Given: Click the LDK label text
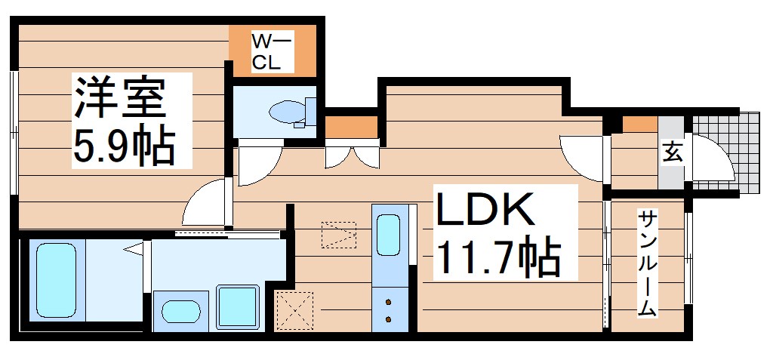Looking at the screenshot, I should pos(483,212).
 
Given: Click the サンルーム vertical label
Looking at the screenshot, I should pos(648,263).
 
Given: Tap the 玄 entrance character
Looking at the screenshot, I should pos(671,152).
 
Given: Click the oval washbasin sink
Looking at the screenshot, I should pos(181,312).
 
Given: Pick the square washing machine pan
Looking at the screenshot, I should pos(239,308).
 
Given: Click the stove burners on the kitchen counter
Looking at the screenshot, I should pos(390,310).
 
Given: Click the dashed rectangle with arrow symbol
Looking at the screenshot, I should pos(337,235).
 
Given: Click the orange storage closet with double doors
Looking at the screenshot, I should pos(351,125).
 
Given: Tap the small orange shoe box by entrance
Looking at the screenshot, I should pos(639,125).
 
